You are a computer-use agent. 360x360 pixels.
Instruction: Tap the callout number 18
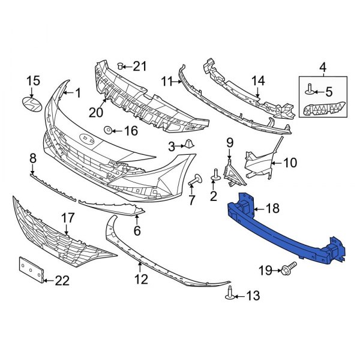(x=272, y=209)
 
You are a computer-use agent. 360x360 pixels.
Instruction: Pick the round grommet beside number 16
(x=108, y=130)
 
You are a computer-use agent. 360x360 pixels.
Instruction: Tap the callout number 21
(x=139, y=65)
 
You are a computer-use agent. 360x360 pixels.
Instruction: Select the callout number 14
(x=257, y=80)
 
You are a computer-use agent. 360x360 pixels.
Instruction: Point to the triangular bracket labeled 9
(x=230, y=170)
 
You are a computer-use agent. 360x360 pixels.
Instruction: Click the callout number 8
(x=33, y=158)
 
